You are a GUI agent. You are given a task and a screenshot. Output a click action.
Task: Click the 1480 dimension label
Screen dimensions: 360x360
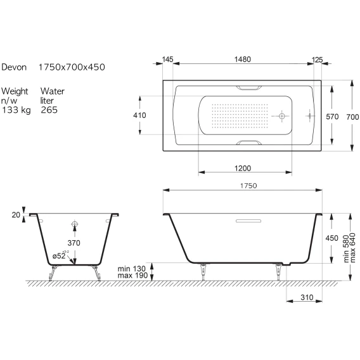(x=243, y=60)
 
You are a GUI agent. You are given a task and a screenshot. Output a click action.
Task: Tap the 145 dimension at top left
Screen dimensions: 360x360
(x=167, y=60)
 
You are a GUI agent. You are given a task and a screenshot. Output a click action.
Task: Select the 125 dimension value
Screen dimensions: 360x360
(x=318, y=60)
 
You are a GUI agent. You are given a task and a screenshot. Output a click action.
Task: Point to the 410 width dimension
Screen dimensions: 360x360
(x=139, y=115)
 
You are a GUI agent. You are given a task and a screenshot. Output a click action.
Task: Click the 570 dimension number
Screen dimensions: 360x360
(x=332, y=117)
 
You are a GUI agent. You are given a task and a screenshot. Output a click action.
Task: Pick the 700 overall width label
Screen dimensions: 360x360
(x=352, y=117)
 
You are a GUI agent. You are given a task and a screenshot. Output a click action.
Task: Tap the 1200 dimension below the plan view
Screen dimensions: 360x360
(x=243, y=169)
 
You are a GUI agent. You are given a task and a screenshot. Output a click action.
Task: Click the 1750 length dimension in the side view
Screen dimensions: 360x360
(x=248, y=186)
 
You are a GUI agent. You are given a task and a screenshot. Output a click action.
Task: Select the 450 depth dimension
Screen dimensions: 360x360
(x=331, y=238)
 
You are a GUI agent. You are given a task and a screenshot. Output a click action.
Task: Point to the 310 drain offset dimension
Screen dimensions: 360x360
(x=307, y=297)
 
